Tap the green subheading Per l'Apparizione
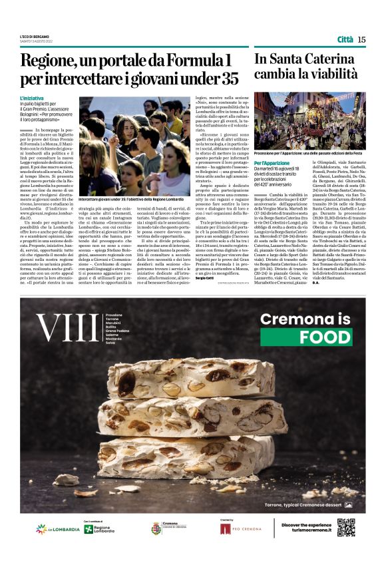pyautogui.click(x=272, y=162)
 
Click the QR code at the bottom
pyautogui.click(x=345, y=528)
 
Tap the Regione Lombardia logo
pyautogui.click(x=98, y=529)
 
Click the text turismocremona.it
pyautogui.click(x=307, y=532)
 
